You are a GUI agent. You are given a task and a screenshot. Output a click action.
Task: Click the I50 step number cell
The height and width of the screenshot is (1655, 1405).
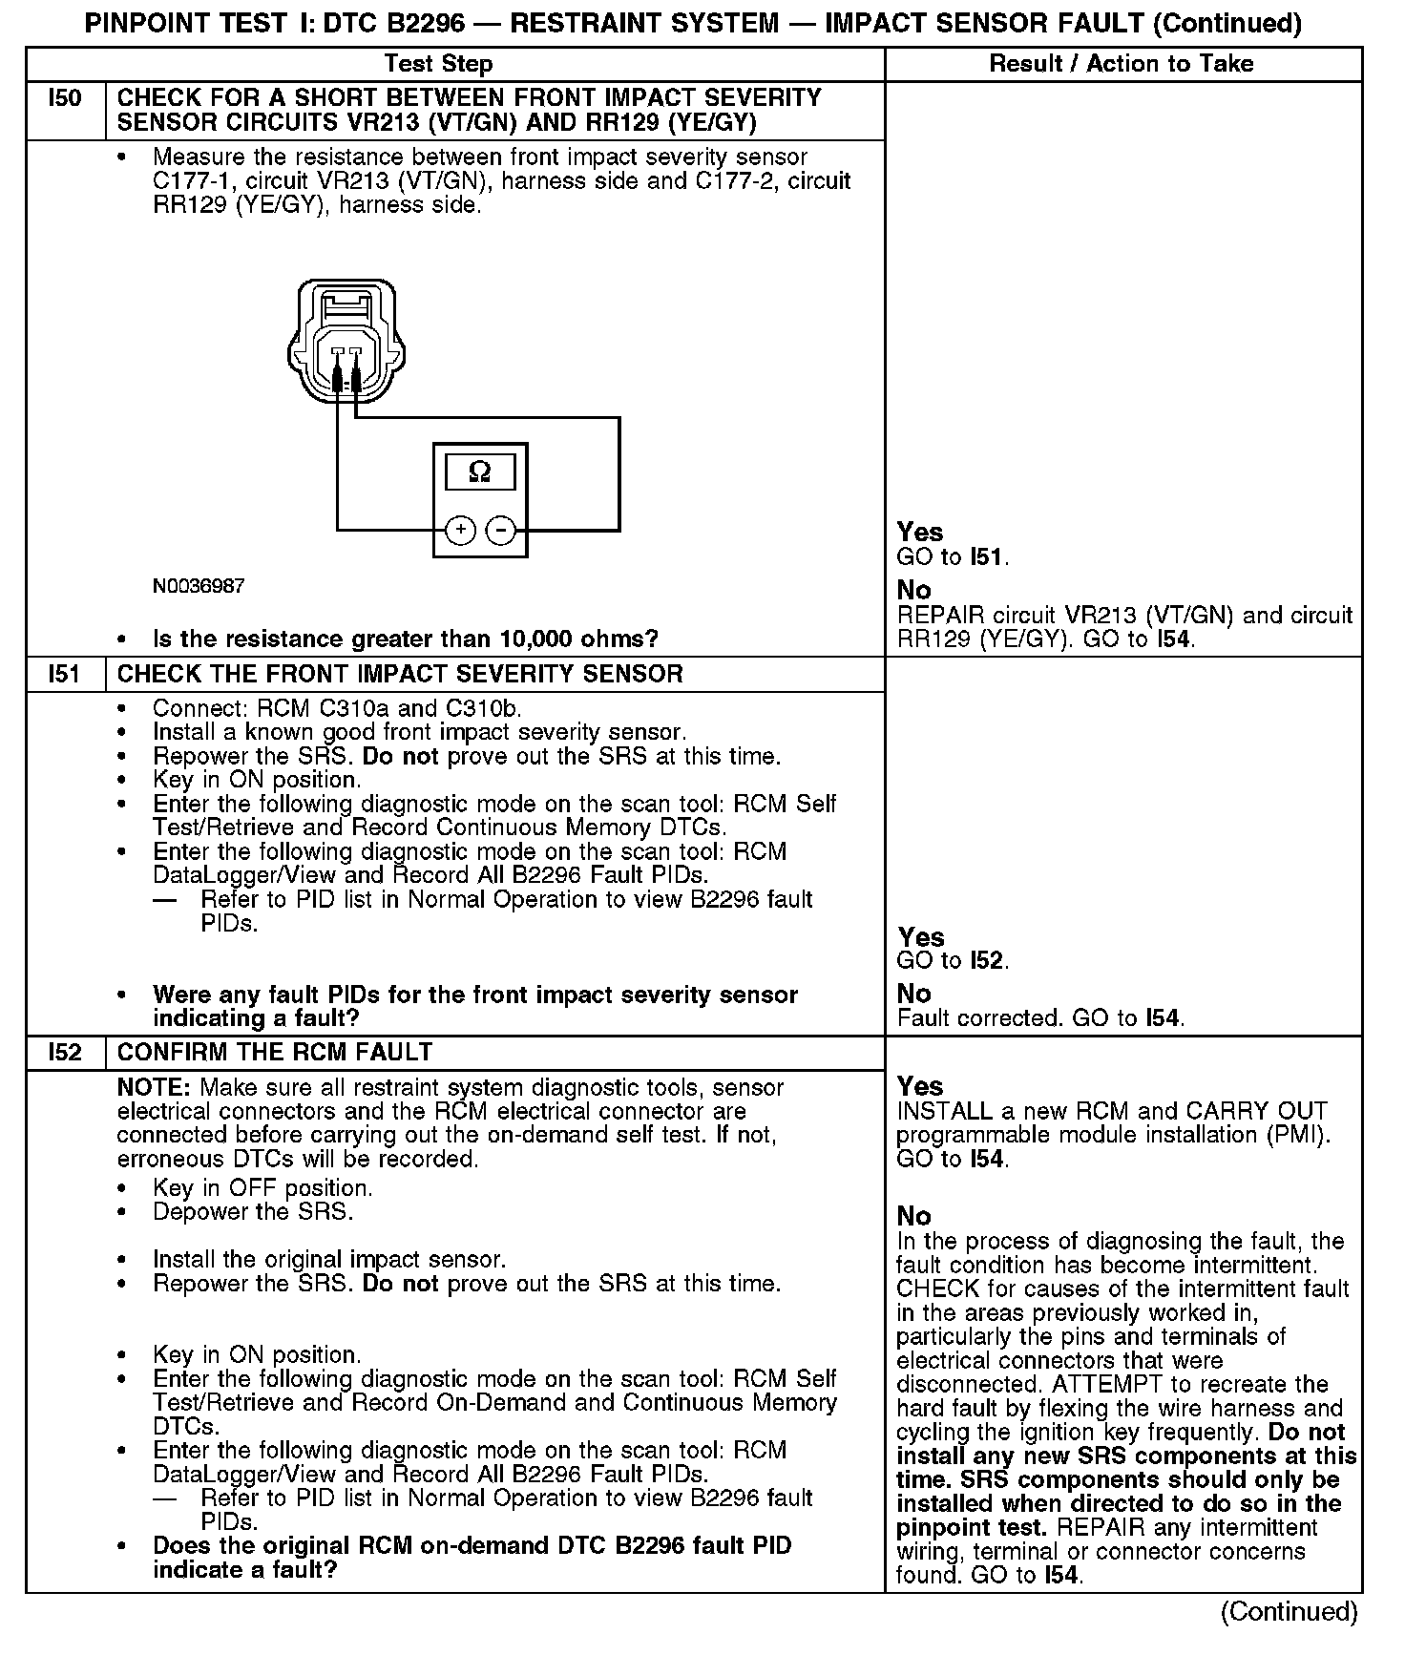[65, 98]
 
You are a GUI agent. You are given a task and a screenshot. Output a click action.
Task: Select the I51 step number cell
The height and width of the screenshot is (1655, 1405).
[65, 675]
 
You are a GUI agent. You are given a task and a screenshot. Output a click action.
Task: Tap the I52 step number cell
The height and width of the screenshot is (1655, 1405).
[65, 1053]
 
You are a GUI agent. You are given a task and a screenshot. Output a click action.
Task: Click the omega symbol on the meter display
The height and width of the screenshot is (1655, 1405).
[480, 471]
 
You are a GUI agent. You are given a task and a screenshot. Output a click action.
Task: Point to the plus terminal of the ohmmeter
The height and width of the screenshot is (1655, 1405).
[461, 530]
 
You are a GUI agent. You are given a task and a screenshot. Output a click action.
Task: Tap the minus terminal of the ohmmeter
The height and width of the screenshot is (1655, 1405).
[500, 530]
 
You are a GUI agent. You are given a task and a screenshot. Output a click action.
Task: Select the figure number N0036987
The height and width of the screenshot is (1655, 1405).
[199, 586]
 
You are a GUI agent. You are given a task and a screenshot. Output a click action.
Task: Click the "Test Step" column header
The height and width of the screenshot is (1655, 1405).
[438, 64]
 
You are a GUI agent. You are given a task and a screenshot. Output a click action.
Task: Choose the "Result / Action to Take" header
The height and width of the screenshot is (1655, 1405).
[1122, 64]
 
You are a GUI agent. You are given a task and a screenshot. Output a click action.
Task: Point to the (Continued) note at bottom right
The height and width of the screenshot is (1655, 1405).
[1289, 1611]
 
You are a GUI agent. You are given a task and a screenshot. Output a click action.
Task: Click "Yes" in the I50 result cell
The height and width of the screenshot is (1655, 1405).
[920, 533]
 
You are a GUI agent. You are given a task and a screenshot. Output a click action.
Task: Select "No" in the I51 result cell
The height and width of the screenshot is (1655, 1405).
[914, 994]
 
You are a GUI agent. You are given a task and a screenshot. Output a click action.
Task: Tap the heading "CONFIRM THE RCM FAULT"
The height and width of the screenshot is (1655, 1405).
[275, 1053]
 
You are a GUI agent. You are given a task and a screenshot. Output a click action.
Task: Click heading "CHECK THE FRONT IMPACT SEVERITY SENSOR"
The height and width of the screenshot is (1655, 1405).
[400, 675]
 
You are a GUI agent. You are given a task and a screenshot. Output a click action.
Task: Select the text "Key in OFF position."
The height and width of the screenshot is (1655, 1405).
[262, 1188]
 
